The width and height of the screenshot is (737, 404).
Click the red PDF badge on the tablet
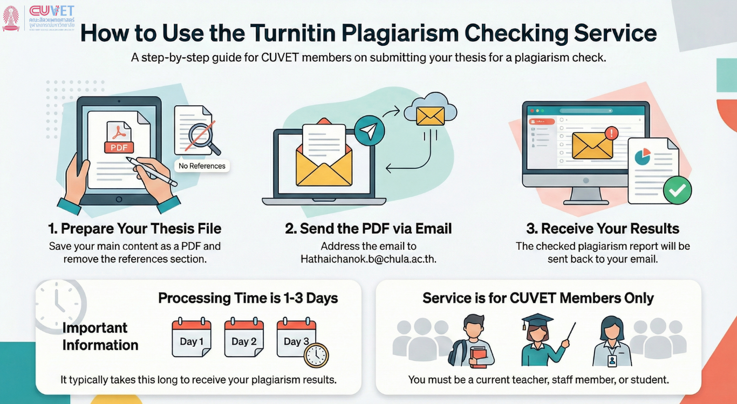coord(119,147)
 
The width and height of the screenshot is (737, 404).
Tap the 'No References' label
coord(202,166)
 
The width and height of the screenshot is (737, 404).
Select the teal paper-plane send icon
coord(370,131)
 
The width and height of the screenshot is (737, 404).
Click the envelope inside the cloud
coord(431,116)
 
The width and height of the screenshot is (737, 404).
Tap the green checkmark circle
coord(678,190)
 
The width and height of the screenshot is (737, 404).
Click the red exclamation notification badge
coord(611,133)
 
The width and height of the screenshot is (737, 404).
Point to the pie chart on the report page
coord(642,156)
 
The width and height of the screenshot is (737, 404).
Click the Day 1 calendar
coord(192,337)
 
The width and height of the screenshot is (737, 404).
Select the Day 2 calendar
coord(244,337)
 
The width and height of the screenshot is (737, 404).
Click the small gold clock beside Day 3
coord(316,355)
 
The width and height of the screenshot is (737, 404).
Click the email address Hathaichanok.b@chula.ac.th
coord(368,259)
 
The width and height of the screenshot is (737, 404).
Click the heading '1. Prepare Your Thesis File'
coord(134,229)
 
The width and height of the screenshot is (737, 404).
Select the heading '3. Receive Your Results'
coord(603,229)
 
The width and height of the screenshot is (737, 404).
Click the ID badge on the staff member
coord(612,360)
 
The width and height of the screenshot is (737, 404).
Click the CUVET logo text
coord(52,11)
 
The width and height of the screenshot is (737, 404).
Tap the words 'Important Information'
coord(100,336)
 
